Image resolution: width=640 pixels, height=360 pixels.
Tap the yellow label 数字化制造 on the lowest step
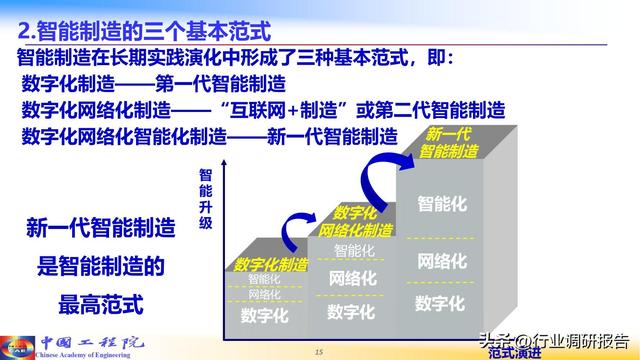[272, 264]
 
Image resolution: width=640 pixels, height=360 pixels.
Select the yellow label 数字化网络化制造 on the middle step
[355, 221]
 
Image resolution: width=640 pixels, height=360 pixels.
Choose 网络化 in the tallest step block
[441, 261]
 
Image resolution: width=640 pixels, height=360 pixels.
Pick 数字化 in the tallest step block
[441, 303]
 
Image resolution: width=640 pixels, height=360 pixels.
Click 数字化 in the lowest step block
[265, 315]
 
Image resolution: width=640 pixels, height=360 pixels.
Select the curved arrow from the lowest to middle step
[297, 226]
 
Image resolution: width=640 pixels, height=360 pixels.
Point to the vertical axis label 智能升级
[205, 200]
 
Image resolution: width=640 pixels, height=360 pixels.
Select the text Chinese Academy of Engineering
[85, 354]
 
